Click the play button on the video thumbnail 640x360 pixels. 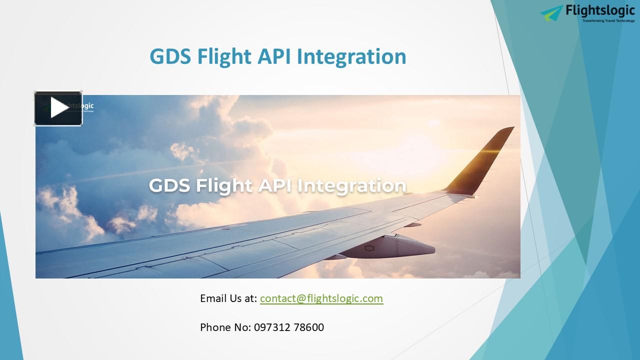click(58, 108)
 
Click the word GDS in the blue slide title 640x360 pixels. click(170, 56)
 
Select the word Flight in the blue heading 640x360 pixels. click(224, 56)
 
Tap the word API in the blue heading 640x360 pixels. click(274, 56)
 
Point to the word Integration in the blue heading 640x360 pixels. click(351, 56)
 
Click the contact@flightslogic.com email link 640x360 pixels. click(321, 298)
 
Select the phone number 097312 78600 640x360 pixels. click(289, 327)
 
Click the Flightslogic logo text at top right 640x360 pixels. click(600, 10)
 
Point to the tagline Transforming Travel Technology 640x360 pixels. click(608, 21)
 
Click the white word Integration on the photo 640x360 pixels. click(352, 185)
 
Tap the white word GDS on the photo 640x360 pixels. click(170, 185)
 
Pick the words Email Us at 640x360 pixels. click(228, 298)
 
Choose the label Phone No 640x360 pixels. click(225, 327)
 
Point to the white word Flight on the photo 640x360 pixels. click(224, 185)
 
